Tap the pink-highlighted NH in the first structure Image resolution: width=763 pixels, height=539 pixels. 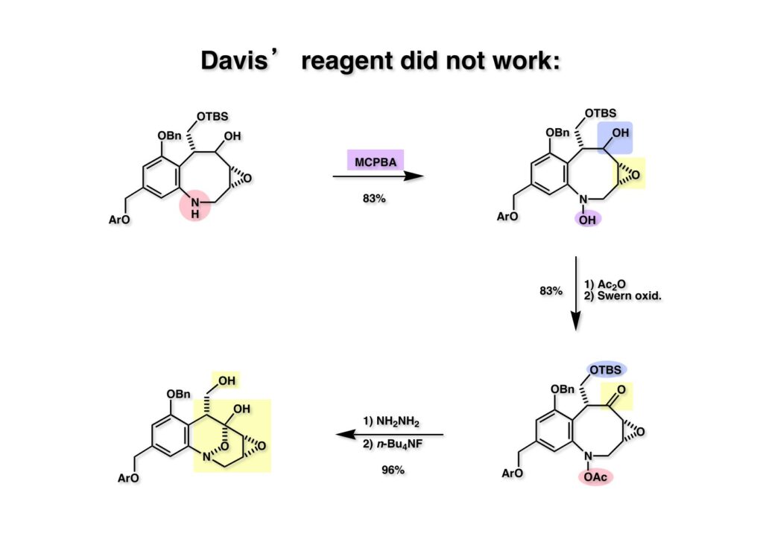point(195,206)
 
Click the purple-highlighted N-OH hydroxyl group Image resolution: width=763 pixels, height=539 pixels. point(589,220)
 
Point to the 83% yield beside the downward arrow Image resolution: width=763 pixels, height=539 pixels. point(551,290)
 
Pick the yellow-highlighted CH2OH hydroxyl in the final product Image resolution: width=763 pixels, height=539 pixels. point(227,382)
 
